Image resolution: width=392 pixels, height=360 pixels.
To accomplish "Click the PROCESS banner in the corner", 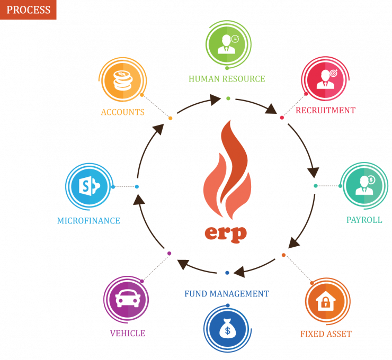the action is pyautogui.click(x=28, y=10).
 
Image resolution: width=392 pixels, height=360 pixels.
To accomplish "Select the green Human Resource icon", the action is pyautogui.click(x=228, y=45).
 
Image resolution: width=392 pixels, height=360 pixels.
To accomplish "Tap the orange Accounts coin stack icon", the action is pyautogui.click(x=122, y=80).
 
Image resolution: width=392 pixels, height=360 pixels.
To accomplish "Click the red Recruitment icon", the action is pyautogui.click(x=325, y=79).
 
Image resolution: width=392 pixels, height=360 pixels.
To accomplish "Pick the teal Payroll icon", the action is pyautogui.click(x=364, y=185).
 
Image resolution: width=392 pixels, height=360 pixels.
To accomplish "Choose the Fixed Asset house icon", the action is pyautogui.click(x=327, y=301).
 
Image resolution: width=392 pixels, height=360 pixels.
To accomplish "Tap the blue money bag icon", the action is pyautogui.click(x=227, y=328).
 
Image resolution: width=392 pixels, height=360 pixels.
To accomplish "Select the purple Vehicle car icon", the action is pyautogui.click(x=127, y=299).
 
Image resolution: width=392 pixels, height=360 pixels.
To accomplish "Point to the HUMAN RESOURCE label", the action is pyautogui.click(x=227, y=79).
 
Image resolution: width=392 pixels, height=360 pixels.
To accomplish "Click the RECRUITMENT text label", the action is pyautogui.click(x=325, y=111).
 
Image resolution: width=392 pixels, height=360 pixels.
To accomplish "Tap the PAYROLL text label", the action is pyautogui.click(x=364, y=220).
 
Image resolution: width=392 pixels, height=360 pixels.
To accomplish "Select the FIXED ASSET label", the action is pyautogui.click(x=326, y=334).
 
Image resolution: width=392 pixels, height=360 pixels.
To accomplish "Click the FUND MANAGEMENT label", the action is pyautogui.click(x=227, y=294).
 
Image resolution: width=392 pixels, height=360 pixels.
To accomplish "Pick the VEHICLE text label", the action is pyautogui.click(x=128, y=334).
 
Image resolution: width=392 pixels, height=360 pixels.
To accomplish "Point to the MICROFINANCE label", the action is pyautogui.click(x=88, y=221).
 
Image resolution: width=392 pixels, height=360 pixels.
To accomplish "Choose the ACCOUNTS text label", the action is pyautogui.click(x=123, y=112).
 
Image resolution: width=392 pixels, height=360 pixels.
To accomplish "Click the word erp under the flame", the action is pyautogui.click(x=226, y=234).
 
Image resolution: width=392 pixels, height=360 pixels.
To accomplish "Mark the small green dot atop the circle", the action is pyautogui.click(x=228, y=98).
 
